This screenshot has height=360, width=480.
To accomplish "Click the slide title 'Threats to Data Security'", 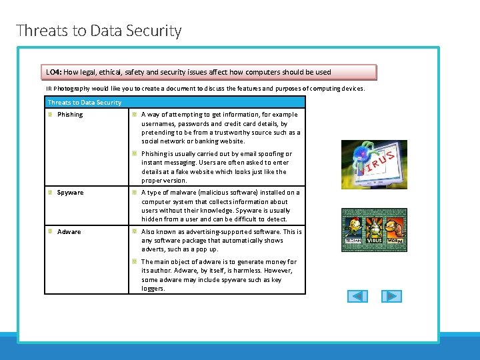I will click(99, 31).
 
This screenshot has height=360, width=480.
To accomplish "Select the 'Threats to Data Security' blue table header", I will click(85, 103).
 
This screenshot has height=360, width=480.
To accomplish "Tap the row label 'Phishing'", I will click(70, 115).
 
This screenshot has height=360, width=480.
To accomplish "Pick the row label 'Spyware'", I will click(70, 193).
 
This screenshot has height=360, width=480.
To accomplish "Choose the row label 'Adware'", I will click(69, 232).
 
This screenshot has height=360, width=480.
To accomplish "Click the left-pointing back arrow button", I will click(357, 296).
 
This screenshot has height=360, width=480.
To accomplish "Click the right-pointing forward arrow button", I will click(391, 296).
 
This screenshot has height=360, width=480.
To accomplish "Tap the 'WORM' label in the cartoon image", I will click(396, 241).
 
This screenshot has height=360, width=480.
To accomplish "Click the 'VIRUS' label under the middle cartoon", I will click(375, 241).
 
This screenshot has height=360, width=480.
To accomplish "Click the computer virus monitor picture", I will click(373, 164).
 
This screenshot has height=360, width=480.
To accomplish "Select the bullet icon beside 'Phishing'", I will click(51, 115).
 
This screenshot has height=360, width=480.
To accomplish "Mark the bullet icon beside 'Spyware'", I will click(51, 193).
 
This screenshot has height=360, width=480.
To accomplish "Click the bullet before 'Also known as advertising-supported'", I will click(135, 232).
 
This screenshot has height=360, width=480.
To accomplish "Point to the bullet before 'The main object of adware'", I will click(135, 262).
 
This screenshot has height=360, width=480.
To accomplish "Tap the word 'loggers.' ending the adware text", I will click(153, 289).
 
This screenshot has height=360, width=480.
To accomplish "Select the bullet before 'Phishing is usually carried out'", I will click(135, 154).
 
